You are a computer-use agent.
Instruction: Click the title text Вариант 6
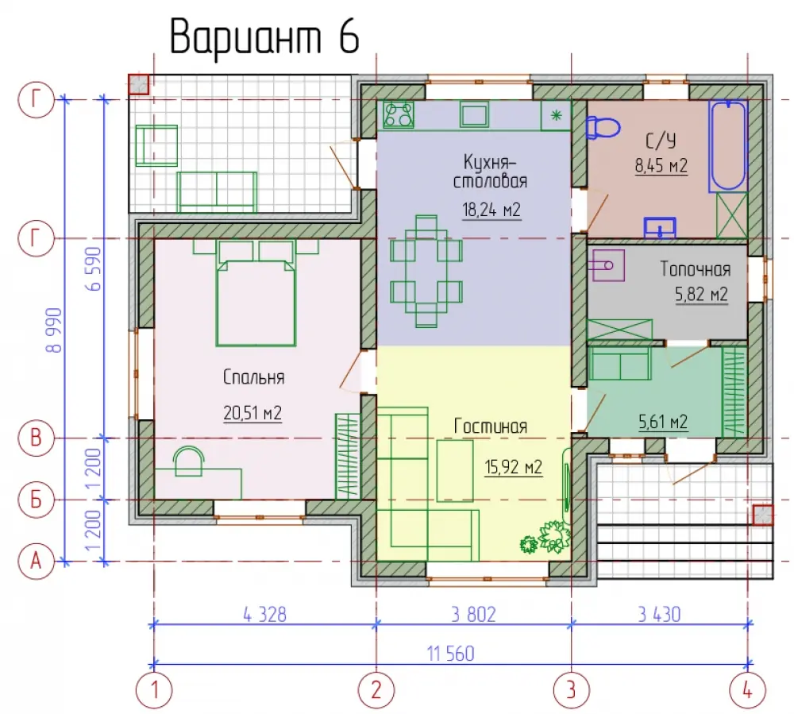(x=264, y=37)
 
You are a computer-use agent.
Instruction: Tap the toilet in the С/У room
(x=603, y=127)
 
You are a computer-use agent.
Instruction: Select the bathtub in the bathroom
(x=728, y=146)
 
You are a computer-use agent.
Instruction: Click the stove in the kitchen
(x=399, y=114)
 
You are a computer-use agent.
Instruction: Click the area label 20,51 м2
(x=252, y=413)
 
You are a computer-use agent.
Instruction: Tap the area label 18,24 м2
(x=491, y=210)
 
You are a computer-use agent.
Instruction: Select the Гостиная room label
(x=490, y=426)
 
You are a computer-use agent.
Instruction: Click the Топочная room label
(x=696, y=269)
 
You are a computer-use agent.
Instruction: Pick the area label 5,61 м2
(x=663, y=421)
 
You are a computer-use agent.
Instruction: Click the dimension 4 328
(x=264, y=614)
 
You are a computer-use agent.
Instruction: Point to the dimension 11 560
(x=451, y=653)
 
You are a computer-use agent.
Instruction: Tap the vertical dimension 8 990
(x=53, y=330)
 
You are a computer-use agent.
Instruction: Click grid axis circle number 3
(x=571, y=689)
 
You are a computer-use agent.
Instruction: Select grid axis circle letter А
(x=36, y=561)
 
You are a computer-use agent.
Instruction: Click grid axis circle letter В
(x=36, y=438)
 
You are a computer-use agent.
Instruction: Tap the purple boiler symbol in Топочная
(x=608, y=264)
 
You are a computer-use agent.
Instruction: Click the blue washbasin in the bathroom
(x=660, y=227)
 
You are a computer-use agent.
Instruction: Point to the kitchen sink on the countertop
(x=474, y=114)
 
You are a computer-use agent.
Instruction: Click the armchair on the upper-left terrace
(x=156, y=146)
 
